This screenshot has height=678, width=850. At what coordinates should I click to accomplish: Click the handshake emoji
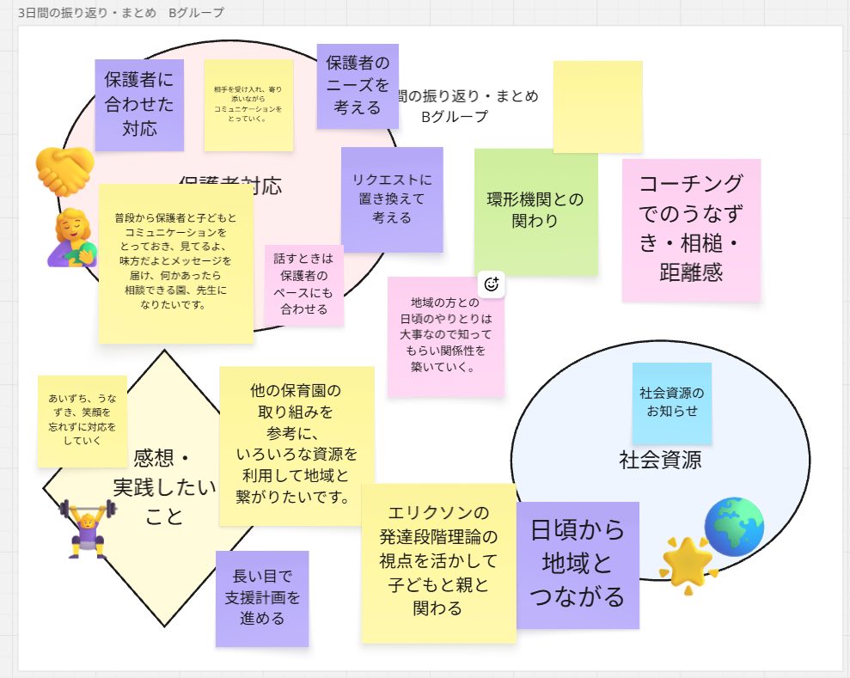(64, 171)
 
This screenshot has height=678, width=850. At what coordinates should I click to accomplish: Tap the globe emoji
(733, 526)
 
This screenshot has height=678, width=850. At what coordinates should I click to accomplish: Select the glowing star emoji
(688, 564)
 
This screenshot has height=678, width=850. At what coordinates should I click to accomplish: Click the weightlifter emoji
(87, 528)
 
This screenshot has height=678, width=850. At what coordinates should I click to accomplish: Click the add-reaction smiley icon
(492, 284)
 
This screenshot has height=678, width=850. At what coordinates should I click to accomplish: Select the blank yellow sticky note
(597, 107)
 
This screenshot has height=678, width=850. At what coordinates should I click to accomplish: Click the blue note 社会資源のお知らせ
(671, 402)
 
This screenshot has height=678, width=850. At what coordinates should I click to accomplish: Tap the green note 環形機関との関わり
(535, 211)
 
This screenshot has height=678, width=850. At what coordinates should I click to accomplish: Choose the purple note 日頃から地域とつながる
(577, 565)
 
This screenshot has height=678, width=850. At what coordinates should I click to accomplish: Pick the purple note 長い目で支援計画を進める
(261, 598)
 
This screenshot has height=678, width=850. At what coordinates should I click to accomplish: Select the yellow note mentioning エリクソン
(437, 562)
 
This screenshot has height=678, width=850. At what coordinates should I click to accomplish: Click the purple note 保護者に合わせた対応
(138, 105)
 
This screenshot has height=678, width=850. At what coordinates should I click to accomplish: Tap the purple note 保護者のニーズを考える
(357, 86)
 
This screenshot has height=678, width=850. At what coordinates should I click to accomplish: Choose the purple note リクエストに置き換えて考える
(391, 199)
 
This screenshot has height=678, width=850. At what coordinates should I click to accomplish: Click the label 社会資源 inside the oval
(660, 460)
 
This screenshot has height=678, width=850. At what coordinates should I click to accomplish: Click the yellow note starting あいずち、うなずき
(82, 420)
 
